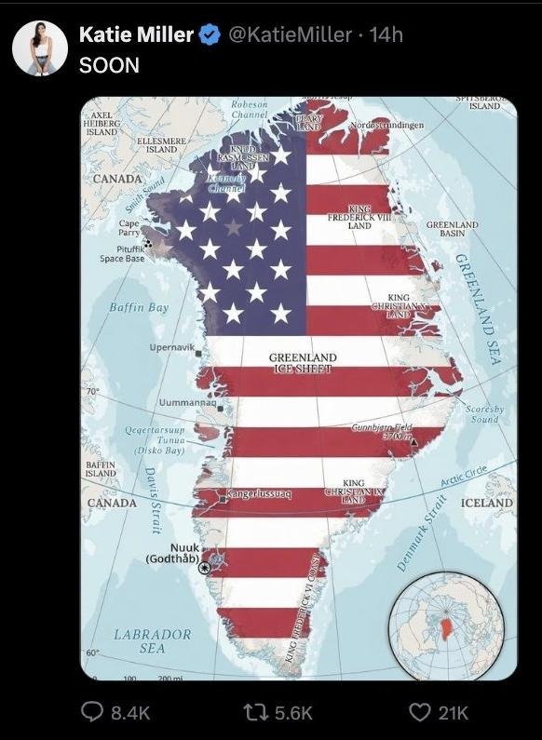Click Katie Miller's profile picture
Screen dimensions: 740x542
click(39, 47)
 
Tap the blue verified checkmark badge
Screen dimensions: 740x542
click(210, 35)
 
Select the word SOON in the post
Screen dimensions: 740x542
click(109, 65)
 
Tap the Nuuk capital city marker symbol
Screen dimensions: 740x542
click(205, 567)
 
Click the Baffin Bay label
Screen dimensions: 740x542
click(139, 307)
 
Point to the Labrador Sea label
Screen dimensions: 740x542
click(152, 640)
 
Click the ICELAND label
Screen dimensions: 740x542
click(486, 503)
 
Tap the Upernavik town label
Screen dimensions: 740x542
click(172, 347)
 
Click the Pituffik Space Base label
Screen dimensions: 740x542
click(122, 253)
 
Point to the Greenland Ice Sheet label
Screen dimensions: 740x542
click(303, 363)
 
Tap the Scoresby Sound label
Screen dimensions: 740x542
click(484, 414)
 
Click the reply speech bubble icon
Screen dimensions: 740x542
click(92, 711)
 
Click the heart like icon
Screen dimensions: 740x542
click(420, 711)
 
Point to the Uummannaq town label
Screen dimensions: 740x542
click(187, 402)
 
